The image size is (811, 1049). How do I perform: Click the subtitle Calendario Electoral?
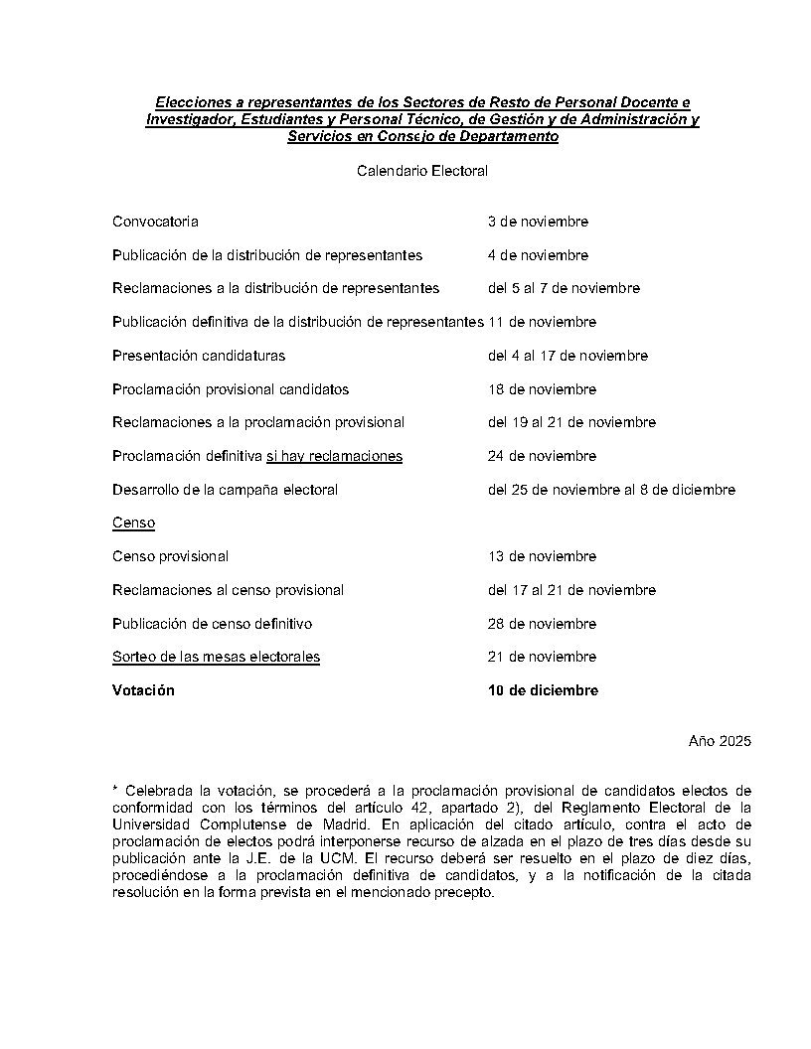[x=422, y=171]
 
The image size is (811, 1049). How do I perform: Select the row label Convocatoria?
[x=155, y=222]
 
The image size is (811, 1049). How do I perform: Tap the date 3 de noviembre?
[x=538, y=222]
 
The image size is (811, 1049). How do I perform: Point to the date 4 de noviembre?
[x=538, y=255]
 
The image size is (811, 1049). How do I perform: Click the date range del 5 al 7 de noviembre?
[x=564, y=288]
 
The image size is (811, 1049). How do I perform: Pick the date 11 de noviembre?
[x=542, y=322]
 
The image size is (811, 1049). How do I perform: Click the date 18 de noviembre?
[x=542, y=389]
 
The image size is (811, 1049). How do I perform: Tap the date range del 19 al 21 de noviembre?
[x=571, y=422]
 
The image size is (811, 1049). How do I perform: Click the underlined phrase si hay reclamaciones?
[x=334, y=456]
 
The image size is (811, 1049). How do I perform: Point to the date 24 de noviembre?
[x=542, y=456]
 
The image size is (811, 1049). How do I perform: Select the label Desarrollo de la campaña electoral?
[x=225, y=490]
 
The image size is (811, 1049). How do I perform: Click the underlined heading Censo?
[x=133, y=523]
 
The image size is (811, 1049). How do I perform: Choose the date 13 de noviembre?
[x=542, y=556]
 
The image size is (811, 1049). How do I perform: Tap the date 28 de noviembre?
[x=542, y=624]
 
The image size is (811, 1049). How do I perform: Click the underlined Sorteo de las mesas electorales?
[x=216, y=657]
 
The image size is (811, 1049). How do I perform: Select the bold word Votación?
[x=143, y=690]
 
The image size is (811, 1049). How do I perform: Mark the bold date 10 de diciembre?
[x=543, y=690]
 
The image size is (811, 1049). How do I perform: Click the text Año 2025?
[x=720, y=741]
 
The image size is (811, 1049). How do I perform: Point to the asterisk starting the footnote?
[x=115, y=789]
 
